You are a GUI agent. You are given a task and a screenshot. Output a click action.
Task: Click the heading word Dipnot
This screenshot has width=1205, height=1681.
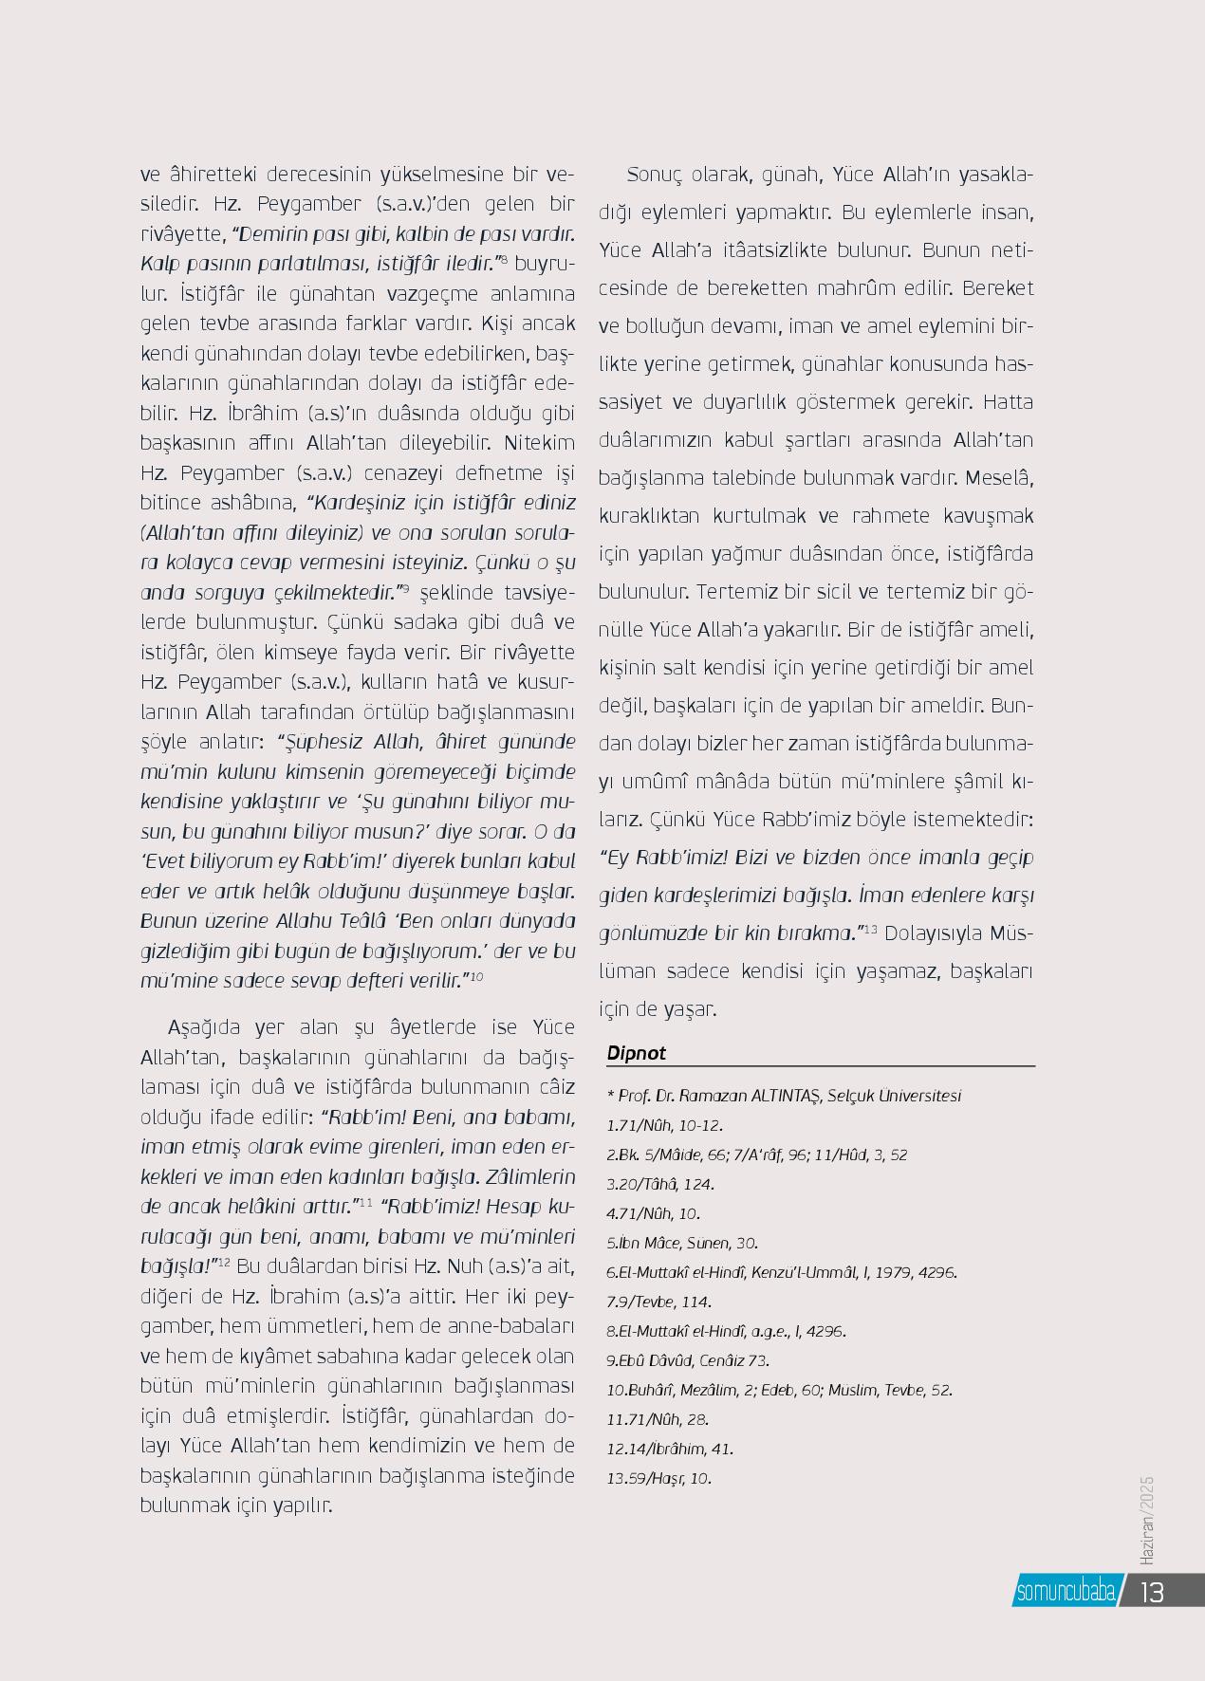point(636,1053)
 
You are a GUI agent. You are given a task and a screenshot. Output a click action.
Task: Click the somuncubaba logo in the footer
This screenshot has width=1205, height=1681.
point(1066,1591)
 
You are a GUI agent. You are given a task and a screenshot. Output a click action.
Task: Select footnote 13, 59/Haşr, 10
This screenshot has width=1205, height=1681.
point(658,1478)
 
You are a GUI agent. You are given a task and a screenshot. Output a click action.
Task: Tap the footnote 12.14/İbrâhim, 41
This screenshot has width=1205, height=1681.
point(670,1449)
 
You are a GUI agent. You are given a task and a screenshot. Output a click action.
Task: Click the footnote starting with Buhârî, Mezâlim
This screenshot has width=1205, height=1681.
point(779,1390)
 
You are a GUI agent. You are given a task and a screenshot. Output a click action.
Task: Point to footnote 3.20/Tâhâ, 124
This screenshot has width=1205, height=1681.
point(660,1184)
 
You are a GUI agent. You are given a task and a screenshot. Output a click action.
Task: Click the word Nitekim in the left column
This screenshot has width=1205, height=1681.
point(540,443)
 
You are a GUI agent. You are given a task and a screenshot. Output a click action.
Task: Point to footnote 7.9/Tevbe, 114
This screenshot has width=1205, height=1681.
point(658,1302)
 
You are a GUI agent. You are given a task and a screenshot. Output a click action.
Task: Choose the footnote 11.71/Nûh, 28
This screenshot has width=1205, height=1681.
point(658,1419)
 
